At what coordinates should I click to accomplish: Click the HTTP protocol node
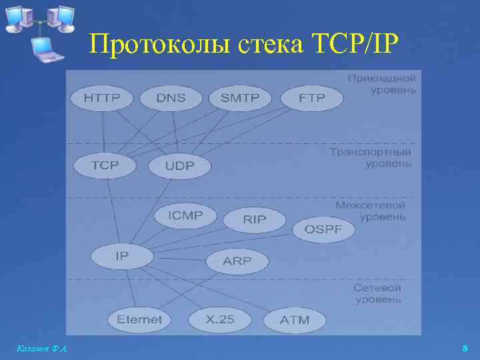[102, 98]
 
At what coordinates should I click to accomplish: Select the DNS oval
[171, 98]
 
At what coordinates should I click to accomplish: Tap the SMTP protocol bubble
[240, 98]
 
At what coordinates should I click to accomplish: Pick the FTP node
[312, 98]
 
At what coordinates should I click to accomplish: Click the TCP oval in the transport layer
[105, 165]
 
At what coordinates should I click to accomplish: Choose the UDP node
[179, 167]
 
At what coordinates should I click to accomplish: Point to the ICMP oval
[187, 215]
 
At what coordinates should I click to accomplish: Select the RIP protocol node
[255, 219]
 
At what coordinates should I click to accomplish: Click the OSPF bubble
[323, 229]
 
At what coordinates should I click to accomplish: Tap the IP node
[122, 255]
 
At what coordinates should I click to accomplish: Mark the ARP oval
[237, 261]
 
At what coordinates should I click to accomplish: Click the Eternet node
[139, 319]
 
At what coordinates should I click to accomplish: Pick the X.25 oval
[219, 319]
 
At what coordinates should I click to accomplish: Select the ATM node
[295, 320]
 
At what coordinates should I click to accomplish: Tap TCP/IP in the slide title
[355, 45]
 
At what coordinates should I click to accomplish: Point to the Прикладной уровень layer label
[382, 83]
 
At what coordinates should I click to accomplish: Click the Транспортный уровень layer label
[371, 157]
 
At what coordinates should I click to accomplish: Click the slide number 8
[465, 348]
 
